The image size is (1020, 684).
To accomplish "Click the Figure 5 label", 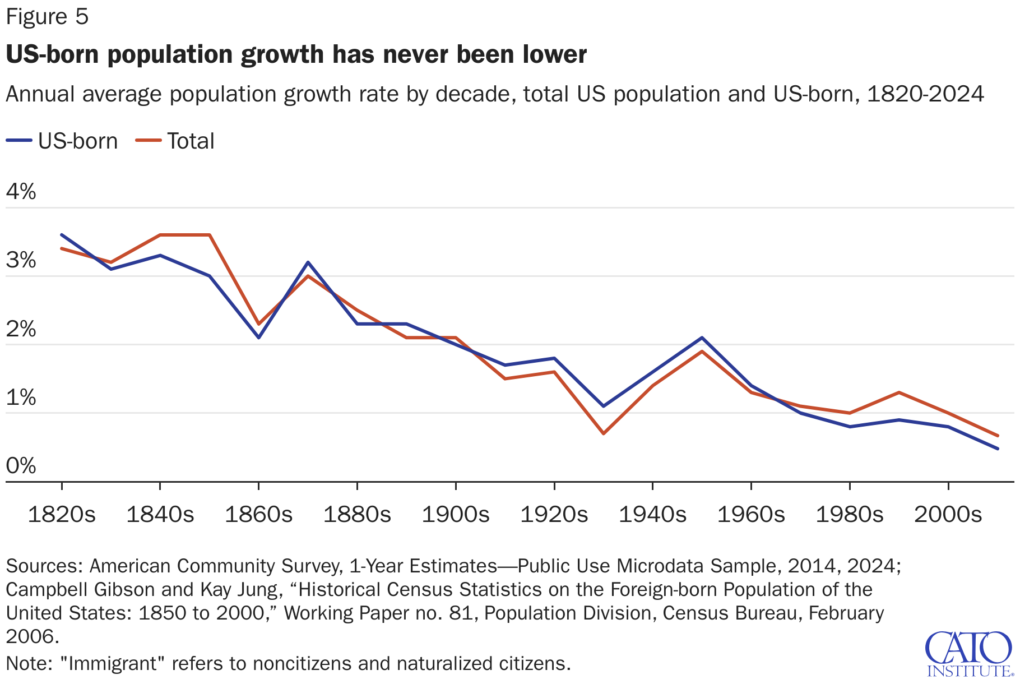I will coord(47,17).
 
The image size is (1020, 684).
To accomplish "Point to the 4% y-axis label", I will coord(21,192).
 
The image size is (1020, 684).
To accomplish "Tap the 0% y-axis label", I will coord(21,466).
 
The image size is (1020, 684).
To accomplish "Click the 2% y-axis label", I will coord(21,329).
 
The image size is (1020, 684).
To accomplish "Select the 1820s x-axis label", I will coord(62,514).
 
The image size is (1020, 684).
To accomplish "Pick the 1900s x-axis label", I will coord(456,514).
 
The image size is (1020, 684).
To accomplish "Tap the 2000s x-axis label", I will coord(948,514).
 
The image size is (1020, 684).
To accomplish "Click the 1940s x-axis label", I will coord(652,514).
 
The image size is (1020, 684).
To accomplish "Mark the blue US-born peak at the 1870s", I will coord(308,262).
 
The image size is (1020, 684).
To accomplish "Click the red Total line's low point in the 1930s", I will coord(604,433).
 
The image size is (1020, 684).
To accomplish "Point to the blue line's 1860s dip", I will coord(258,338).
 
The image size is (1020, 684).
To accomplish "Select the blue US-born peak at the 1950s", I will coord(702,338).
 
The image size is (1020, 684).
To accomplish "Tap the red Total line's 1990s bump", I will coord(899,392).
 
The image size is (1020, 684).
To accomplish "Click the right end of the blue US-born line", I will coord(998,449).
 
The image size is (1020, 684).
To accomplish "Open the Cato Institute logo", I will coord(969,654).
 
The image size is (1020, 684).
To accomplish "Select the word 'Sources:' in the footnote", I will coord(45,566).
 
